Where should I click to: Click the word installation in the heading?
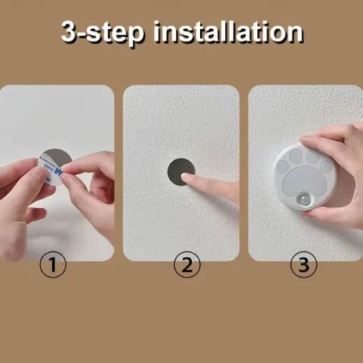(x=228, y=32)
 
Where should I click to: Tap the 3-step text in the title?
(x=102, y=33)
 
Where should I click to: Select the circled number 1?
(x=53, y=264)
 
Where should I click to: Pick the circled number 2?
(x=187, y=264)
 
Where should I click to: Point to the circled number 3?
(x=303, y=264)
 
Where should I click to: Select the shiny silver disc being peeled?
(x=57, y=159)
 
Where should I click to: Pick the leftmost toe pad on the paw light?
(x=283, y=167)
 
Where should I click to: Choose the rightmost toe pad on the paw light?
(x=327, y=165)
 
